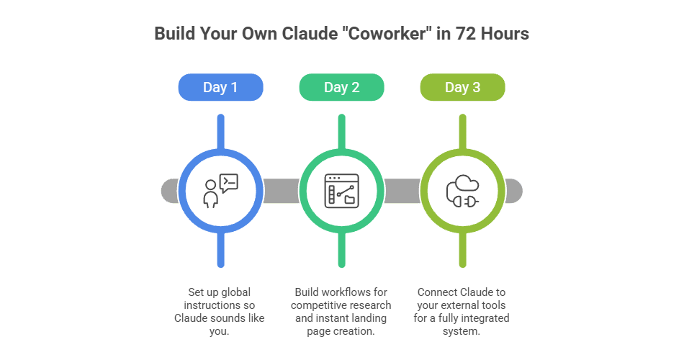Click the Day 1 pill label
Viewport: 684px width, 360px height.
click(220, 88)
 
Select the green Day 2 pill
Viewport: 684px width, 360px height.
click(341, 88)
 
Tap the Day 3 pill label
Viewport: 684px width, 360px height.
click(462, 88)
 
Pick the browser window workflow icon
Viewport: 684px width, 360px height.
click(341, 191)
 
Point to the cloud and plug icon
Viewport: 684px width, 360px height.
click(462, 191)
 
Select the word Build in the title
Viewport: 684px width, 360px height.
click(173, 34)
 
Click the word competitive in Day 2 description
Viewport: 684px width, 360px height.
click(318, 305)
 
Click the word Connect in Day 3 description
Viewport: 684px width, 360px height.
click(437, 292)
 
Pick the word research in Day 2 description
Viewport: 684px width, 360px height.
click(369, 305)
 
